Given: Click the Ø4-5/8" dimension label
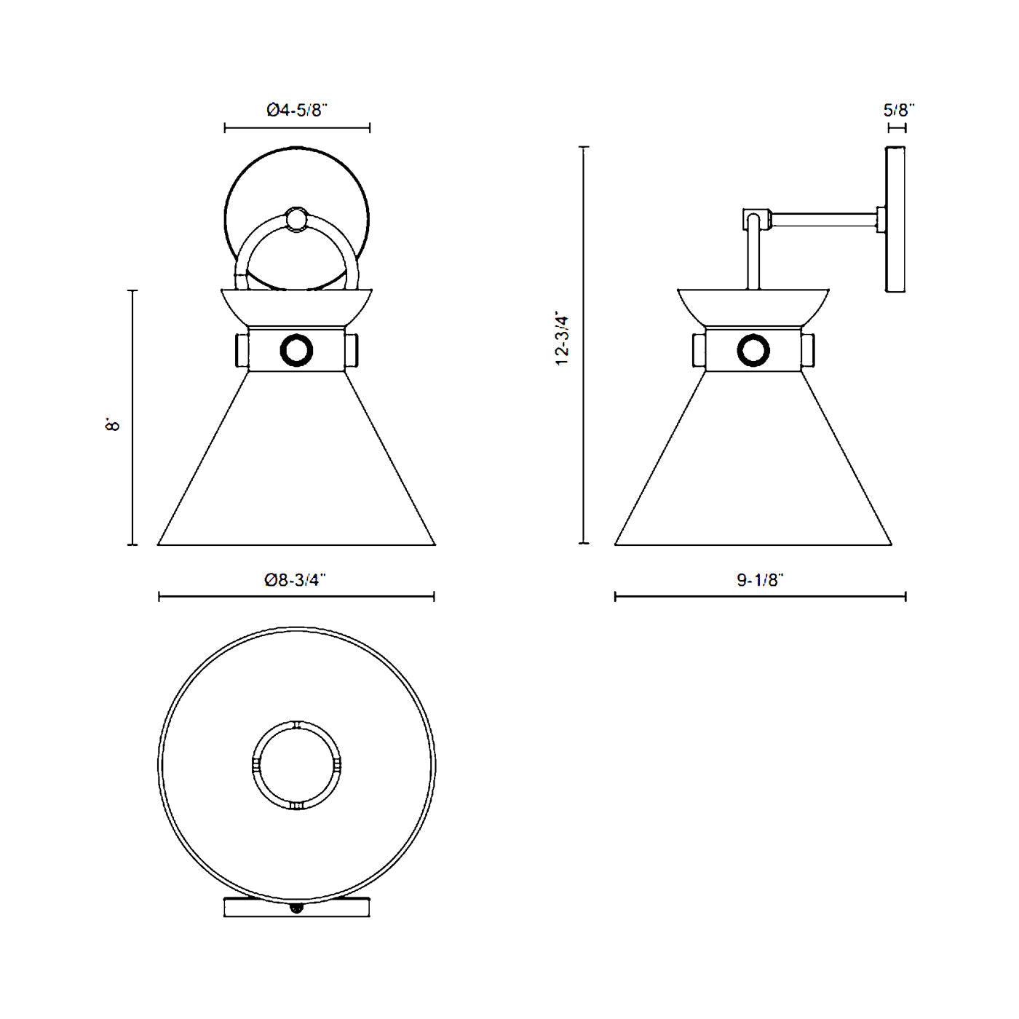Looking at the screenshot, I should pyautogui.click(x=297, y=110).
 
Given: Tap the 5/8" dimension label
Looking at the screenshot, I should pyautogui.click(x=898, y=110).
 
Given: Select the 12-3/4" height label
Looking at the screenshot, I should pyautogui.click(x=563, y=340).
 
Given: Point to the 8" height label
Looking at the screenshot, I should pyautogui.click(x=112, y=424).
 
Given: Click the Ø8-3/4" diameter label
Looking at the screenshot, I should pyautogui.click(x=295, y=580).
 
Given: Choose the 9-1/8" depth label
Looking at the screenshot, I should pyautogui.click(x=759, y=580).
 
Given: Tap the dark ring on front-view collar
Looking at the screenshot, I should pyautogui.click(x=296, y=350).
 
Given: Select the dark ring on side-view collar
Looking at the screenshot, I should pyautogui.click(x=753, y=350).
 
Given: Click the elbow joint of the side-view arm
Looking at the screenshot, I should pyautogui.click(x=754, y=219).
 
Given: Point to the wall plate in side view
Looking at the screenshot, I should pyautogui.click(x=895, y=219).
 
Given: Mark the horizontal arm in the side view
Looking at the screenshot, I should pyautogui.click(x=822, y=219).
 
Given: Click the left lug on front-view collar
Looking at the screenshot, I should pyautogui.click(x=241, y=350).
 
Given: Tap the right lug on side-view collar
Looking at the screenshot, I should pyautogui.click(x=808, y=350).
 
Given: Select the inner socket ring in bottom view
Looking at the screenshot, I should pyautogui.click(x=296, y=765).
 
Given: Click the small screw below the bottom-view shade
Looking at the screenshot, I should pyautogui.click(x=296, y=907).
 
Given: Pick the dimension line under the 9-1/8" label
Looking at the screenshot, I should pyautogui.click(x=760, y=597).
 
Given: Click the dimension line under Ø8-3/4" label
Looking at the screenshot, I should pyautogui.click(x=296, y=597).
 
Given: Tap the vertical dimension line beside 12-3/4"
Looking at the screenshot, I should pyautogui.click(x=584, y=345).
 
